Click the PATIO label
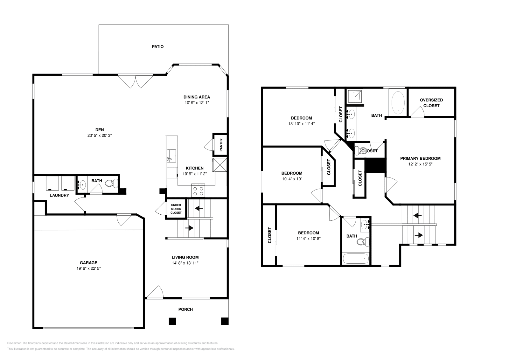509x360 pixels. [157, 47]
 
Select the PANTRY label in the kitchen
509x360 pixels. [221, 145]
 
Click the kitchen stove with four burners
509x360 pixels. [198, 191]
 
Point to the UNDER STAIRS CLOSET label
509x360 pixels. [176, 209]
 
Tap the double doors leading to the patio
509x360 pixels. [136, 81]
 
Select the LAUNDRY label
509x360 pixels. [59, 195]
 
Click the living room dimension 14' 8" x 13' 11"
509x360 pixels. [185, 263]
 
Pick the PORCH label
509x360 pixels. [185, 309]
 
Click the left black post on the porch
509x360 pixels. [172, 321]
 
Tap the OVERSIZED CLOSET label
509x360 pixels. [431, 103]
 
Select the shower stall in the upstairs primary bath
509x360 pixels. [354, 96]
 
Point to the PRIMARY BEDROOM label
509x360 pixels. [420, 158]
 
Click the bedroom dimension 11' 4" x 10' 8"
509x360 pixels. [308, 239]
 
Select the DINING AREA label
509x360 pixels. [197, 97]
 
